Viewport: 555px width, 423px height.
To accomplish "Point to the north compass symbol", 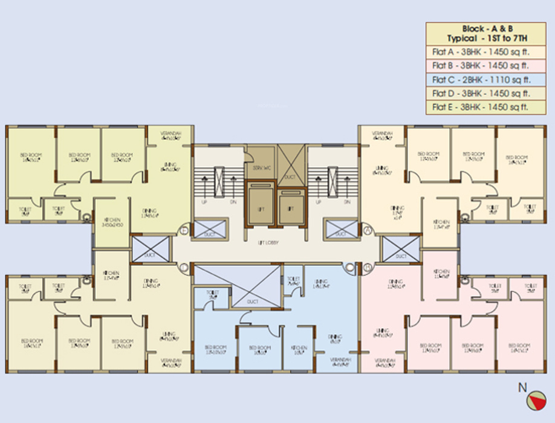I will (x=536, y=401).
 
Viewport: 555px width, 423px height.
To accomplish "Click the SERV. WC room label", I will (x=260, y=167).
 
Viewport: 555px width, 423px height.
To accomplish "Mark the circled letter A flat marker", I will (x=366, y=230).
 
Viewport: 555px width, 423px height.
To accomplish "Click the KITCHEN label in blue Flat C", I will (x=298, y=349).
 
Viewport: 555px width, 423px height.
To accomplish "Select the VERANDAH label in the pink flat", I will (x=381, y=363).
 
